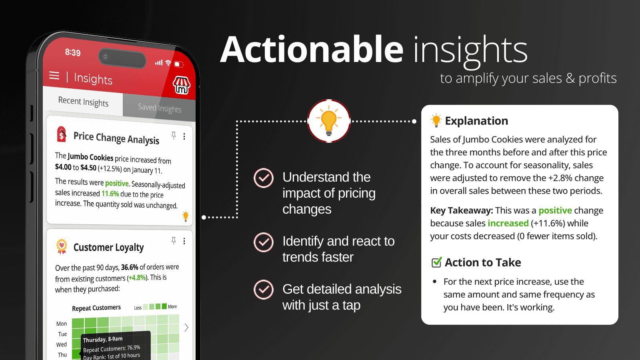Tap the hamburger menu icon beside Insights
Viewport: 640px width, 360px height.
[54, 76]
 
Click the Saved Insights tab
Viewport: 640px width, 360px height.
[159, 108]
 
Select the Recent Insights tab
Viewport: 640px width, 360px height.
[83, 102]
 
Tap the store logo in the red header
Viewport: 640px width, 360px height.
[181, 85]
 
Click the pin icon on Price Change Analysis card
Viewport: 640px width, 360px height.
[174, 135]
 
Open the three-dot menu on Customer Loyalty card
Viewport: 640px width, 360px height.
[184, 241]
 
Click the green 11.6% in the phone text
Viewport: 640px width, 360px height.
[110, 194]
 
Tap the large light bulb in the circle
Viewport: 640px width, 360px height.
[329, 121]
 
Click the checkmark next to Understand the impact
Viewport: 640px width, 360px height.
[264, 178]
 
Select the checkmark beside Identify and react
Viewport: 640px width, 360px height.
[264, 242]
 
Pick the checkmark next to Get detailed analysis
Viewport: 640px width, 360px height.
[264, 290]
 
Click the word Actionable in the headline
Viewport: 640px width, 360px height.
[312, 50]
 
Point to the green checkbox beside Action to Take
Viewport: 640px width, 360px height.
[436, 262]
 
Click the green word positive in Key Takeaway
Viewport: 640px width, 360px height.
[555, 210]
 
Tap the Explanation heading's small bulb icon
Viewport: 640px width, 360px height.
[436, 120]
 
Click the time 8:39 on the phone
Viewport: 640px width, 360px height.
[73, 52]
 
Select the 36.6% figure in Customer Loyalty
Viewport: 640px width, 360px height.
[130, 267]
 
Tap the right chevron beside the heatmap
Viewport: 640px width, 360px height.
[186, 328]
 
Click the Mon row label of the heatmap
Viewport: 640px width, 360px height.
[62, 324]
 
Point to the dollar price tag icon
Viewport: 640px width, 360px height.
[62, 134]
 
